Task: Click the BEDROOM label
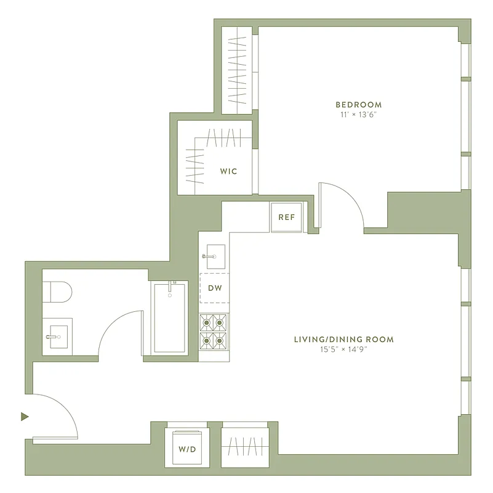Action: [358, 105]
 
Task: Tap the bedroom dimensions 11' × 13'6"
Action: [358, 115]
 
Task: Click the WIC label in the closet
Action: [228, 171]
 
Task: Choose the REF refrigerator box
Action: [286, 217]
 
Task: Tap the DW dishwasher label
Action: [214, 288]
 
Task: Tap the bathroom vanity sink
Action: [57, 336]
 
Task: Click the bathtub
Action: [170, 317]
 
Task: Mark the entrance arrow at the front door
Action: [25, 417]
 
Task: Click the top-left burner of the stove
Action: [206, 322]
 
